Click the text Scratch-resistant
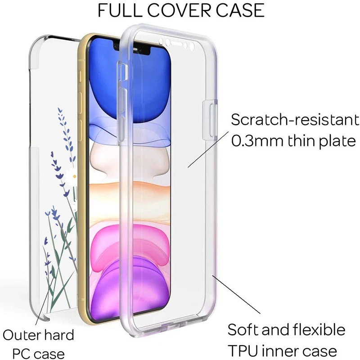295,120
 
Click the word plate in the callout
337,141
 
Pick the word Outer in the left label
22,335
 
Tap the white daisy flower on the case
72,173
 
